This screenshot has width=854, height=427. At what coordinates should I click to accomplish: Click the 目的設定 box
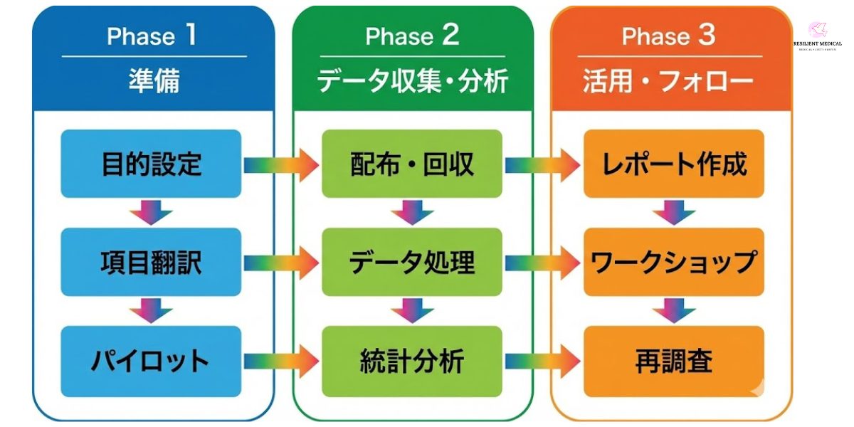point(151,164)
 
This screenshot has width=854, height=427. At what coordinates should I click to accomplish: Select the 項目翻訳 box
point(151,263)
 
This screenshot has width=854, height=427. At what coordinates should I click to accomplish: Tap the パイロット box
point(151,361)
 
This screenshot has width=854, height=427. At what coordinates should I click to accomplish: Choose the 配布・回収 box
point(412,164)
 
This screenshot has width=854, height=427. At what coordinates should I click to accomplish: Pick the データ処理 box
point(412,263)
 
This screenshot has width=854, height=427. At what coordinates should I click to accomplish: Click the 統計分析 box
point(412,361)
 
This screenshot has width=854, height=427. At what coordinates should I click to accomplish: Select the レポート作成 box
point(673,164)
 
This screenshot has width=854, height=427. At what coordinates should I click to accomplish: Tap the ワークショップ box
point(673,263)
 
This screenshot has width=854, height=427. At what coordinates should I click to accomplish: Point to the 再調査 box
point(673,361)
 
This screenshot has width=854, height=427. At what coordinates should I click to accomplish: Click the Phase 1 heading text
point(152,36)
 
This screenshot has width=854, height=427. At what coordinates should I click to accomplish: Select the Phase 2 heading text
point(412,36)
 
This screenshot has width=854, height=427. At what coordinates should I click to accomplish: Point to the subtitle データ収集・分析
point(412,81)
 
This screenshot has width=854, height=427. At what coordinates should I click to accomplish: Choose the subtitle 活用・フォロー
point(668,81)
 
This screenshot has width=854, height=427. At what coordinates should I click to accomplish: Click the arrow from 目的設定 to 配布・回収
point(280,166)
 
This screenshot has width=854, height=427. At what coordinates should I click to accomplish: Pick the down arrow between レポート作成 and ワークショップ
point(674,212)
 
